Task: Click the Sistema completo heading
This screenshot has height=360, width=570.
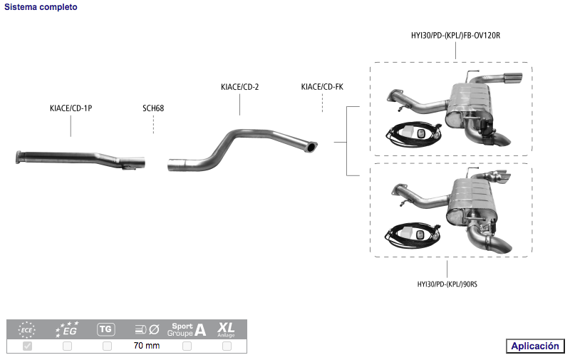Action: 41,7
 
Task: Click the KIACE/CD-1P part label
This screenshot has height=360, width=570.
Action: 71,108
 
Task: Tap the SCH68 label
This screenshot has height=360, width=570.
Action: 153,108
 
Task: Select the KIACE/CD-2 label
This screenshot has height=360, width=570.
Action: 240,87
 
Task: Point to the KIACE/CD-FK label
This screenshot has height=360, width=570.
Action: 322,87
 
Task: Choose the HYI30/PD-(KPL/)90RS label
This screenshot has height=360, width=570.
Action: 447,284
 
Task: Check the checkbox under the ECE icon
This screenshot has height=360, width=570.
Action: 28,346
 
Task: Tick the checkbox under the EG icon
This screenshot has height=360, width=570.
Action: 67,346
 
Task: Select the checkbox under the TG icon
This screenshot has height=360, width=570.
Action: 107,346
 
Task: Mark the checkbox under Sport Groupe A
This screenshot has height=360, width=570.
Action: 187,346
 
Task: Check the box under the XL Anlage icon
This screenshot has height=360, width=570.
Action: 227,346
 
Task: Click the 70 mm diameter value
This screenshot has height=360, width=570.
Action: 147,346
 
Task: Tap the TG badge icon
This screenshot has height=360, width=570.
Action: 105,329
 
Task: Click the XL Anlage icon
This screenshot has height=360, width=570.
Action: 227,329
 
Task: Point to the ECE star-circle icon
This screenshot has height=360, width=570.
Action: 26,329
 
